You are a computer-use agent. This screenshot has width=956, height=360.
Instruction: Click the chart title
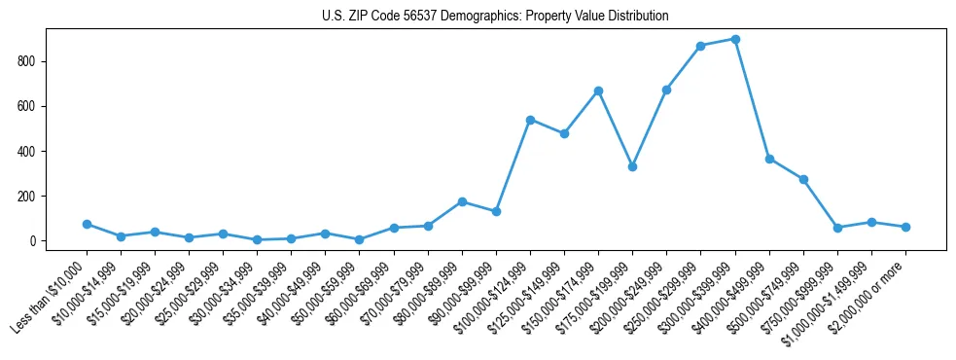coord(495,17)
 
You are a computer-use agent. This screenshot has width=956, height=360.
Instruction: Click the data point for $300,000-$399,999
coord(735,39)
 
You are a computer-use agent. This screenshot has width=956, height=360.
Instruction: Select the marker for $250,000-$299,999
coord(701,46)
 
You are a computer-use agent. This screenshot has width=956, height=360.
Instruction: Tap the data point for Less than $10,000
coord(87,224)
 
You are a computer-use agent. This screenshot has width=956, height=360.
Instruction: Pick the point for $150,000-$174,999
coord(598,90)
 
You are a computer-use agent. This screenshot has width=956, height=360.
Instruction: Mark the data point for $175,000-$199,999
coord(632,166)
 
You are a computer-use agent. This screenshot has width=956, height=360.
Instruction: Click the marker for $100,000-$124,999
coord(530,120)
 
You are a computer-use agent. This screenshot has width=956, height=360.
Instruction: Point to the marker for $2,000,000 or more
coord(905,227)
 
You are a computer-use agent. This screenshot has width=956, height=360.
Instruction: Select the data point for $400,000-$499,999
coord(769,159)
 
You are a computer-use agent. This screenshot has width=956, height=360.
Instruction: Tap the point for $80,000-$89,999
coord(462,201)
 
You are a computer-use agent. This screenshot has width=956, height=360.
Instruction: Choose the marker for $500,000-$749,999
coord(803,179)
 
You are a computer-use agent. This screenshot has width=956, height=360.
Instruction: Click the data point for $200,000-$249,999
coord(666,90)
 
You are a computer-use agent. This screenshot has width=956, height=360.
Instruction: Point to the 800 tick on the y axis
coord(36,61)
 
